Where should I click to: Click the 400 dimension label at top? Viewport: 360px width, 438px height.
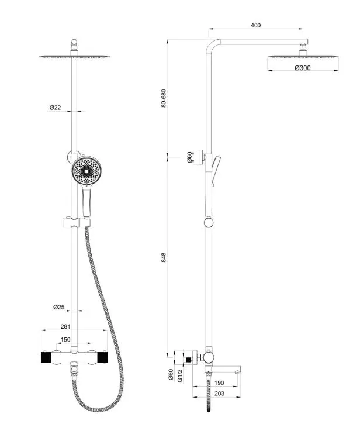point(255,25)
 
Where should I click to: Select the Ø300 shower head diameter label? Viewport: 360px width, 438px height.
point(302,68)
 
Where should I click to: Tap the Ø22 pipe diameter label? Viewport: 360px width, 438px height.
point(56,108)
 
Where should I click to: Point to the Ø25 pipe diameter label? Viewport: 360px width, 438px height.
point(58,307)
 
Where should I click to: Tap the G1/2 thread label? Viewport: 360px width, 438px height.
point(181,375)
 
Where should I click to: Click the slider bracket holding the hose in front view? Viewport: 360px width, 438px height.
point(74,222)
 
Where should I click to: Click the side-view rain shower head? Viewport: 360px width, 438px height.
point(303,57)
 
